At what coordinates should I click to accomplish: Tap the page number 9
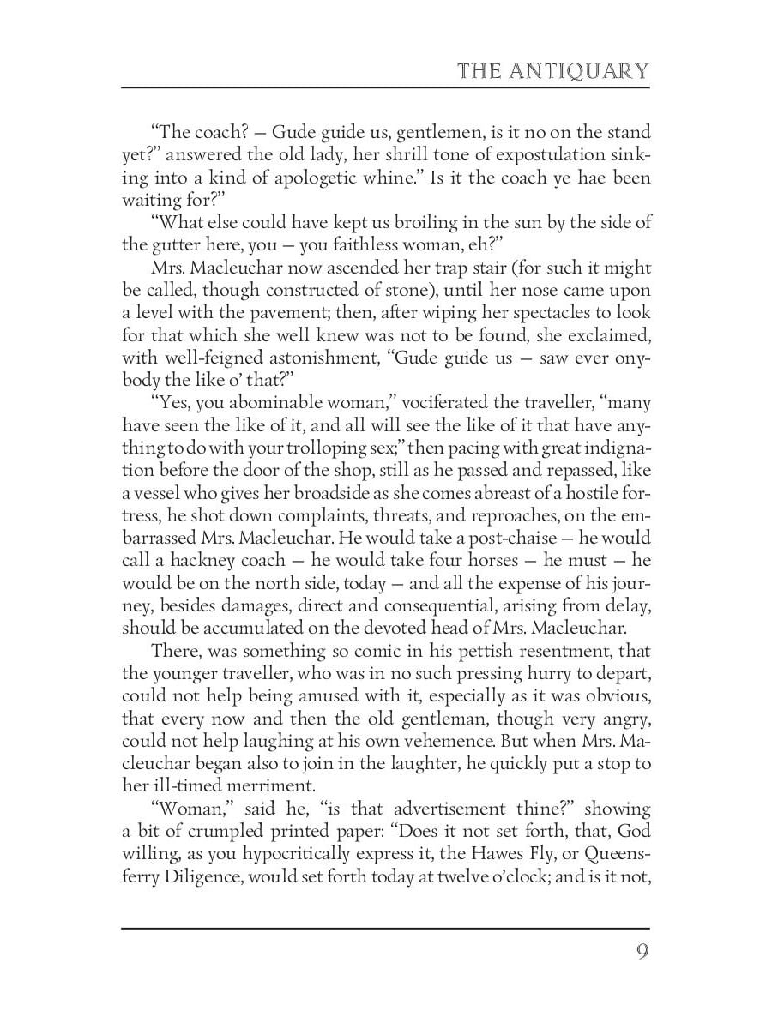point(642,954)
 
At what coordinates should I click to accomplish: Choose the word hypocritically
point(322,855)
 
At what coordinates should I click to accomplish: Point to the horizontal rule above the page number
point(386,927)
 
